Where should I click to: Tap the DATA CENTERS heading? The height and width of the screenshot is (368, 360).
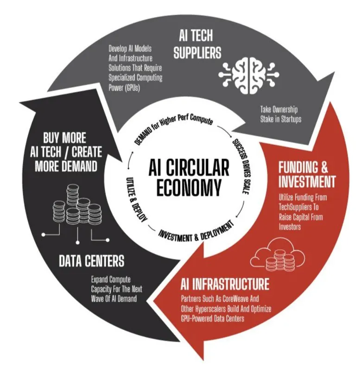91,261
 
